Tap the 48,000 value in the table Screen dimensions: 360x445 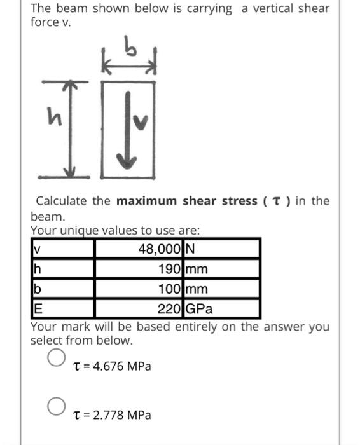point(160,249)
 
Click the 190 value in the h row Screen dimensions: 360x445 point(170,269)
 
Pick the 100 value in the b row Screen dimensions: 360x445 point(170,289)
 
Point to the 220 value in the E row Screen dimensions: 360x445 point(170,310)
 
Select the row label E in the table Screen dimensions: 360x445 point(36,310)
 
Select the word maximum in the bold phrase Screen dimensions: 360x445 point(147,202)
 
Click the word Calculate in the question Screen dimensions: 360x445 point(62,202)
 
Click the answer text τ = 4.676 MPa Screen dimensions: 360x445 point(113,367)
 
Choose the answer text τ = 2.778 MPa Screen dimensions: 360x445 point(113,415)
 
